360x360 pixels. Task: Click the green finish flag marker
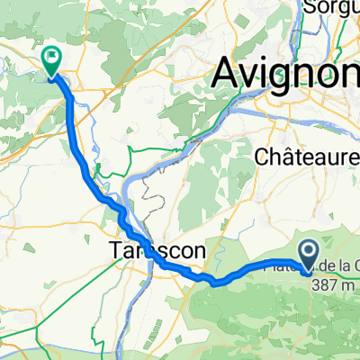[x=52, y=61]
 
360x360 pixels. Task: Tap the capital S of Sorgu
[x=310, y=7]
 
